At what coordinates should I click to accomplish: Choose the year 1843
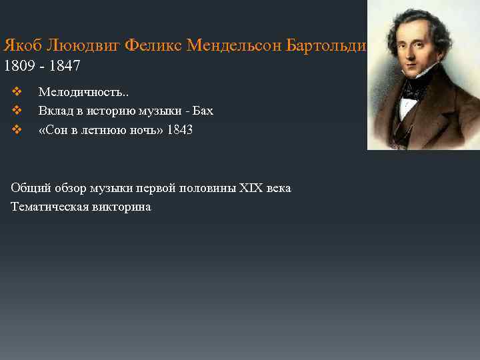coord(180,130)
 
